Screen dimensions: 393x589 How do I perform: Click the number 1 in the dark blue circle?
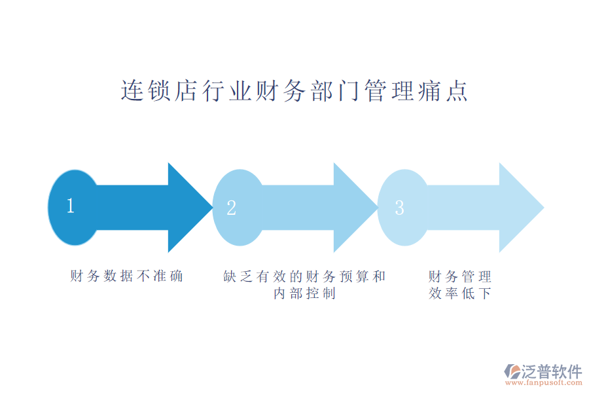(71, 206)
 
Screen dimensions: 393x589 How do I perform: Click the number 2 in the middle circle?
(231, 208)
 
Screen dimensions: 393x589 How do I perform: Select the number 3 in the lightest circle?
(399, 208)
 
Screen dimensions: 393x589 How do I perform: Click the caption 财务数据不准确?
(126, 276)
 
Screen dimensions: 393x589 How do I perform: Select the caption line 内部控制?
(304, 293)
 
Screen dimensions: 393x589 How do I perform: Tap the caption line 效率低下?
(460, 293)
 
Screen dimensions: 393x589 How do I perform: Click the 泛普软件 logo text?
(551, 371)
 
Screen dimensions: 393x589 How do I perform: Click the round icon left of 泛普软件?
(511, 371)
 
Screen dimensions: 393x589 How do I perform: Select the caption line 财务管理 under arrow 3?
(460, 276)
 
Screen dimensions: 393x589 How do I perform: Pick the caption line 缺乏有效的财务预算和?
(304, 276)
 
